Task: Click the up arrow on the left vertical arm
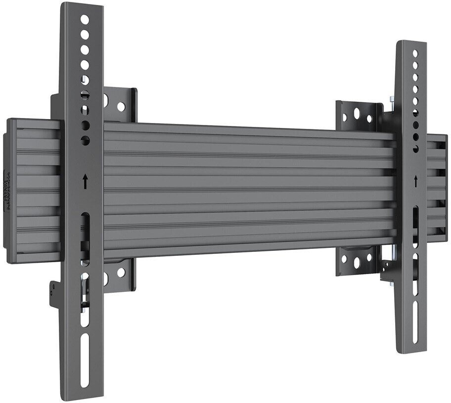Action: [86, 181]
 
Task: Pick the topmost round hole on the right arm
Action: [415, 52]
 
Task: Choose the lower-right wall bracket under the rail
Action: [357, 260]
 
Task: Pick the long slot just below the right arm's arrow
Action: [414, 220]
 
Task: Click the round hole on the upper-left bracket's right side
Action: [121, 106]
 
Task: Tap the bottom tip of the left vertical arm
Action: [84, 390]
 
